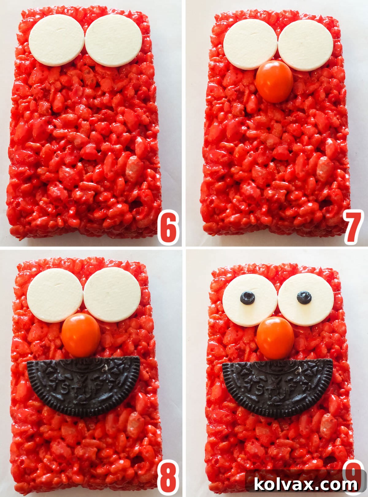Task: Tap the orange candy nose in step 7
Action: point(274,81)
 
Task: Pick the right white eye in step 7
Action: point(305,45)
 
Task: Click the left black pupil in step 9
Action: point(247,298)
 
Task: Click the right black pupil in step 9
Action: point(304,297)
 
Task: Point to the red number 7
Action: point(354,227)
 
